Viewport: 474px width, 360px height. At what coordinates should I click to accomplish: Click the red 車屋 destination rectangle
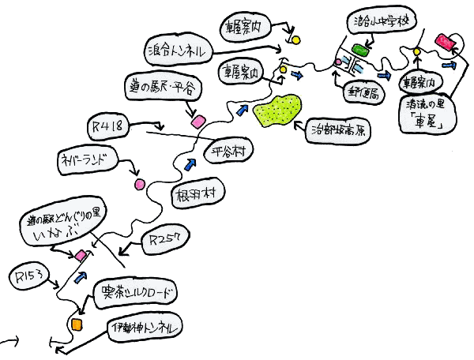pos(448,40)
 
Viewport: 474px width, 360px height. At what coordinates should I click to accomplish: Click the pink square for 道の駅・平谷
pos(197,122)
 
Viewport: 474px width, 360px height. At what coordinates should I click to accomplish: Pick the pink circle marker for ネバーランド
pos(140,184)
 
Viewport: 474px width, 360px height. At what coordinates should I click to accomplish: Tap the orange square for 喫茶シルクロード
pos(77,324)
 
